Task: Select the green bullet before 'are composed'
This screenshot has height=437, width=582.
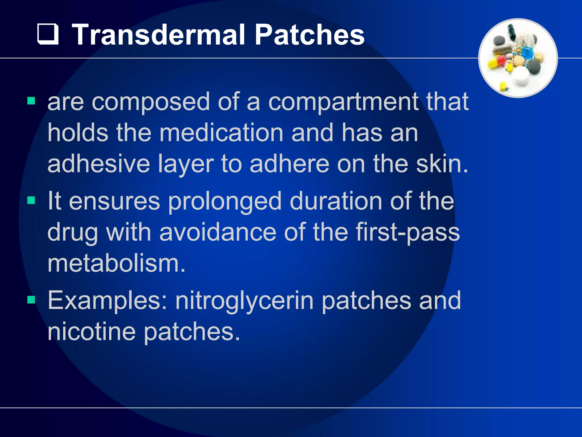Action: click(x=31, y=101)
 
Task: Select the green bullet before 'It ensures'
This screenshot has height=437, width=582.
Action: click(x=31, y=200)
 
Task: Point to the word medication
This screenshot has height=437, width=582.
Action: click(x=221, y=133)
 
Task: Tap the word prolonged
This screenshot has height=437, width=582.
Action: click(x=225, y=201)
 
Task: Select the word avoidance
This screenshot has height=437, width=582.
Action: click(x=218, y=232)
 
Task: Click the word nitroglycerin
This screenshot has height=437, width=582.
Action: click(x=244, y=301)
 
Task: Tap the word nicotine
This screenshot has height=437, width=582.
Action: click(x=91, y=332)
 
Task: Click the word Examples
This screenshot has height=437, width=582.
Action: click(x=107, y=301)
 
